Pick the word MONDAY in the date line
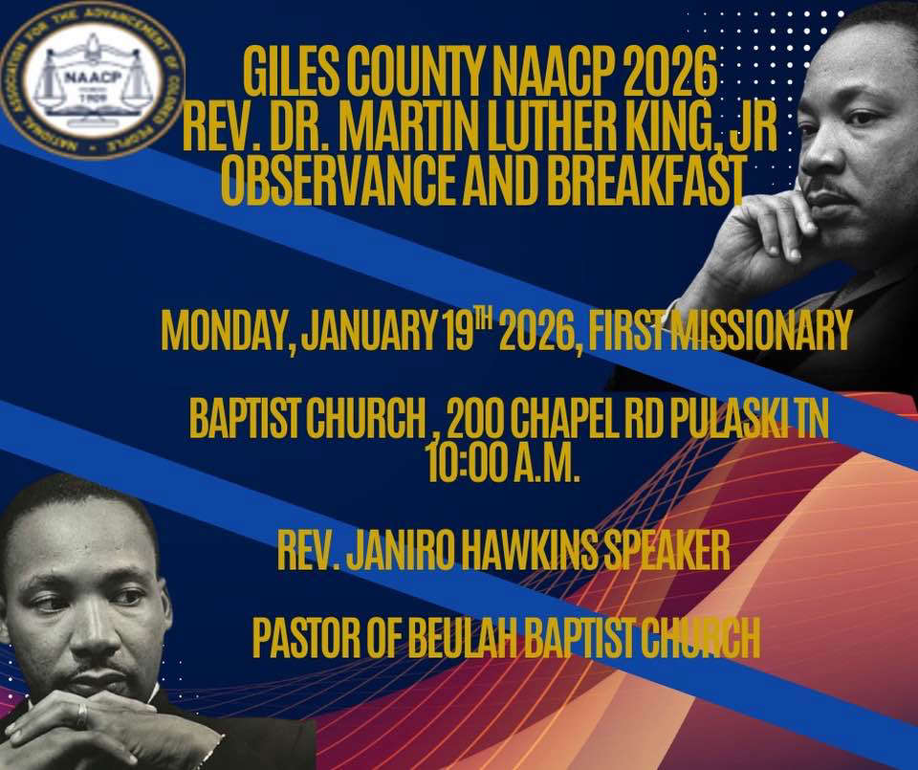tap(226, 331)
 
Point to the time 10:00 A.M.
tap(504, 463)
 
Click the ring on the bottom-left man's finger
tap(82, 715)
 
